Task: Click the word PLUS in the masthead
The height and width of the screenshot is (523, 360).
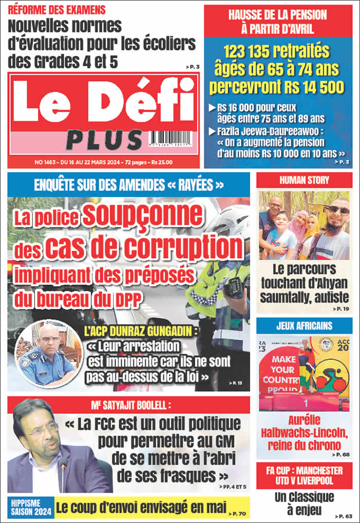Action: tap(104, 140)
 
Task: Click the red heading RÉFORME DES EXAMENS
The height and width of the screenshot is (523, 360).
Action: tap(57, 10)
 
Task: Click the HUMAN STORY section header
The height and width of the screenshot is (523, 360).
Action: tap(304, 181)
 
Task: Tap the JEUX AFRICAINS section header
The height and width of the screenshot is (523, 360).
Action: tap(304, 326)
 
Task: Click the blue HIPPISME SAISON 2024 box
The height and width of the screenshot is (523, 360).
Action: tap(30, 507)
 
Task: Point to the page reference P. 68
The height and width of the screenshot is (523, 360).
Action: tap(340, 455)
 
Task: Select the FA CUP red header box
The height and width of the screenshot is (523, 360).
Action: tap(304, 475)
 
